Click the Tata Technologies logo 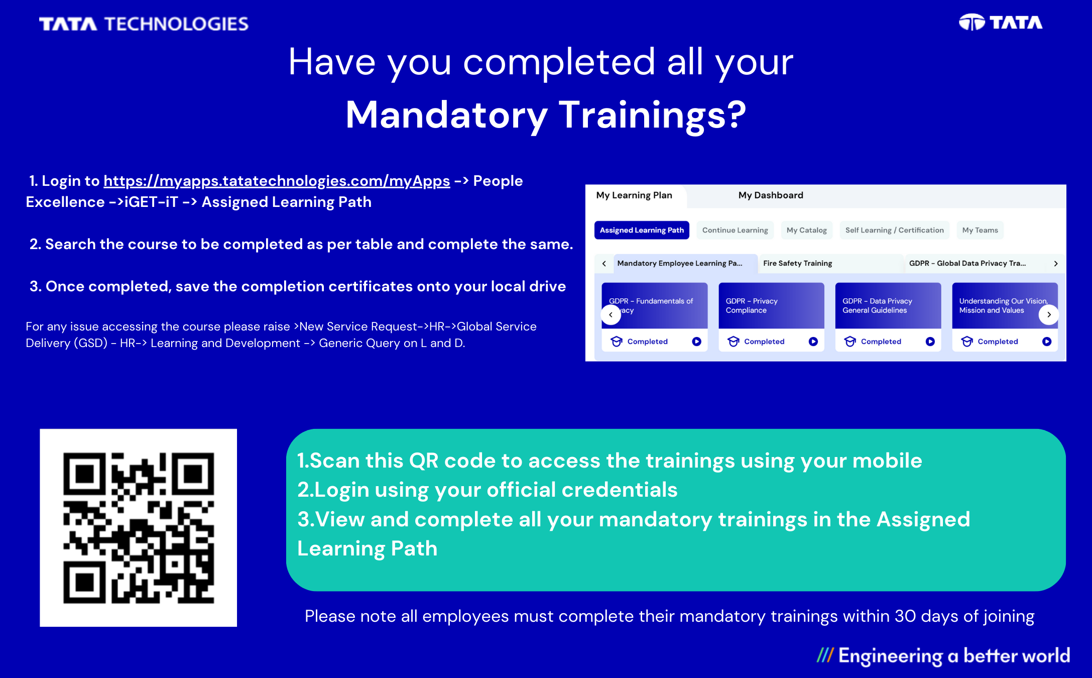coord(144,24)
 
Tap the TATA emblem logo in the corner coord(1001,23)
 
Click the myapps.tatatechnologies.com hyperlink coord(277,181)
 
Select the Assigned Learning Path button coord(642,230)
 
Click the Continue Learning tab coord(735,230)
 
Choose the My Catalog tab coord(807,230)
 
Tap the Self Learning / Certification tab coord(895,230)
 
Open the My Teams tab coord(980,230)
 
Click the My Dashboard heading coord(771,195)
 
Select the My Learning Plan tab coord(634,195)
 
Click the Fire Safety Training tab coord(798,263)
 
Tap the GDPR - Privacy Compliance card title coord(752,305)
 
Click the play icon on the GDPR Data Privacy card coord(930,342)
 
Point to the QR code coord(139,528)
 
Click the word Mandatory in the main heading coord(447,115)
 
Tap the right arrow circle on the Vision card coord(1049,314)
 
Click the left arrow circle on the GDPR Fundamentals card coord(611,315)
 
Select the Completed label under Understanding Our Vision coord(998,342)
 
